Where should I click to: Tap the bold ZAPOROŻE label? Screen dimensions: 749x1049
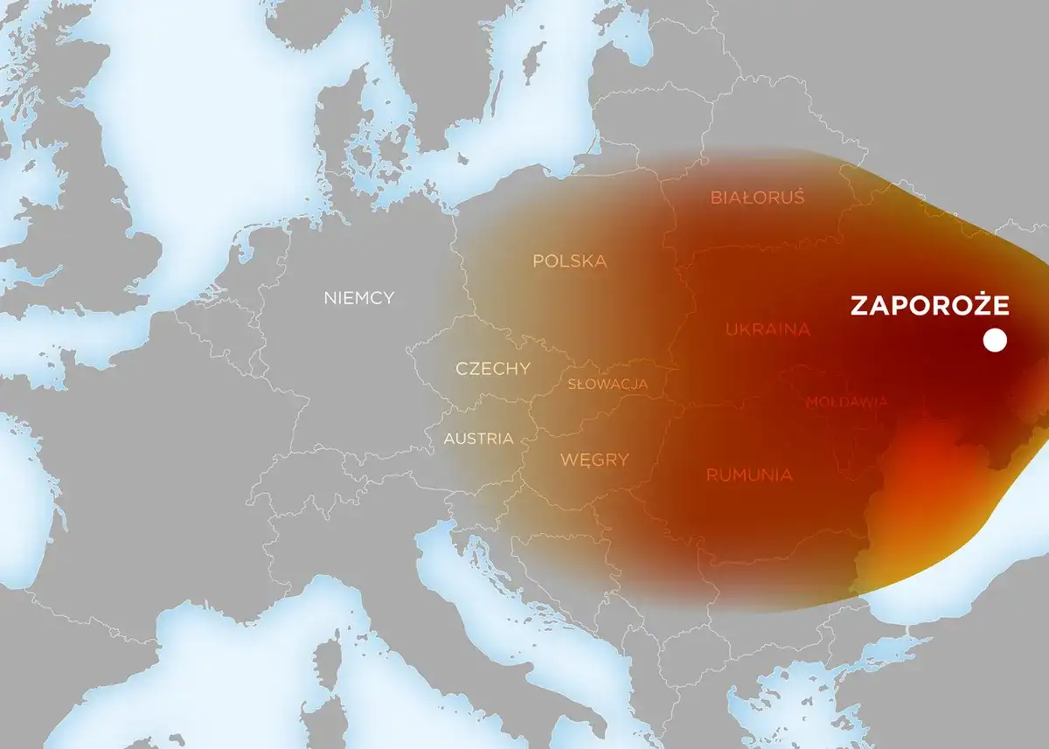click(x=929, y=306)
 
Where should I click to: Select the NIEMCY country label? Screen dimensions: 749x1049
click(x=358, y=298)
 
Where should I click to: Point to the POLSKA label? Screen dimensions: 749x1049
click(x=569, y=261)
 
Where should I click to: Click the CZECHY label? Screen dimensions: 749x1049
click(x=492, y=369)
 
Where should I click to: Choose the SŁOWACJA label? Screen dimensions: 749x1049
click(x=607, y=385)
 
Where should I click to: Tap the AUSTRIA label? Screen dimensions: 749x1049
click(x=478, y=439)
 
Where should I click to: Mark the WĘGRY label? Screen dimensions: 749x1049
click(x=594, y=459)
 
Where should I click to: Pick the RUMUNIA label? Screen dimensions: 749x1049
click(x=749, y=475)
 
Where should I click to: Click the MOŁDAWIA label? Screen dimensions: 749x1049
click(x=846, y=402)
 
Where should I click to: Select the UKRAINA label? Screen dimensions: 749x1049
click(x=768, y=329)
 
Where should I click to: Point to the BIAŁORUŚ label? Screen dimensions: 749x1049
click(x=756, y=198)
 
